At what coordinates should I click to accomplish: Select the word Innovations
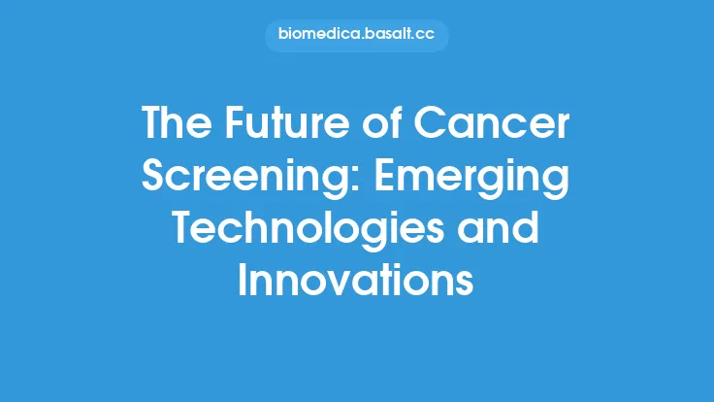(x=356, y=282)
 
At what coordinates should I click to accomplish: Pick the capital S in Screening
(x=157, y=180)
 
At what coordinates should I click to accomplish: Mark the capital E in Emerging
(x=393, y=180)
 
